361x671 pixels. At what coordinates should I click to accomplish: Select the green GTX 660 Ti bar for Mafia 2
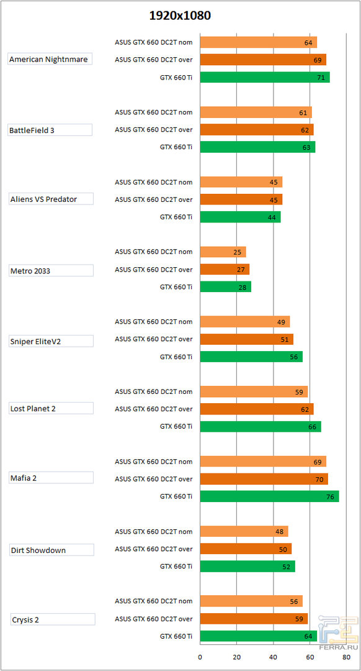coord(269,496)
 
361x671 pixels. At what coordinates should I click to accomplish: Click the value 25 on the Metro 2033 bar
coord(238,252)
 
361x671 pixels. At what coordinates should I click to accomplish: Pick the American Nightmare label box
coord(50,60)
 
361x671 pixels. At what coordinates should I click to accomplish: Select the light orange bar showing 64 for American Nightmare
coord(258,43)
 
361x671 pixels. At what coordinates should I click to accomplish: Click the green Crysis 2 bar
coord(258,636)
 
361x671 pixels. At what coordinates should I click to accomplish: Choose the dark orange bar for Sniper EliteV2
coord(246,339)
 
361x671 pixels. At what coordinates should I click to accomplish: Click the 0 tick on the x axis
coord(200,656)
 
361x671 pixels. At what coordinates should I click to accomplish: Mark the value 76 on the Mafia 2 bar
coord(331,496)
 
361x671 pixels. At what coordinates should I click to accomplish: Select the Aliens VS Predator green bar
coord(240,217)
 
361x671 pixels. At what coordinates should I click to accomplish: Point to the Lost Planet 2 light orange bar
coord(254,392)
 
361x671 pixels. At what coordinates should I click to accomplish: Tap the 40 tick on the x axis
coord(274,656)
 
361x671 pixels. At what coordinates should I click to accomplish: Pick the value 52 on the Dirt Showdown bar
coord(287,567)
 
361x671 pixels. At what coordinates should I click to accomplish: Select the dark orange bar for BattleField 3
coord(257,130)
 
